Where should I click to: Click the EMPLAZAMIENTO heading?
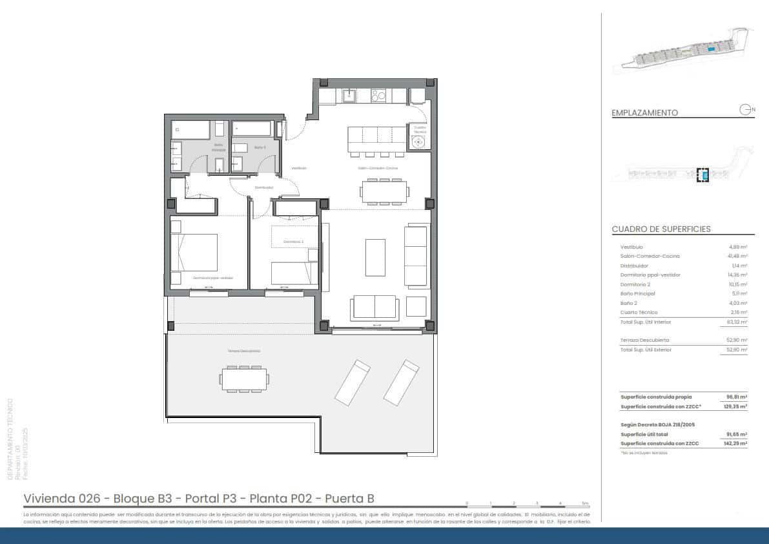pyautogui.click(x=644, y=112)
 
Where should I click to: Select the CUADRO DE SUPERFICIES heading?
pyautogui.click(x=661, y=229)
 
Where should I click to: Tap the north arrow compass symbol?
pyautogui.click(x=746, y=110)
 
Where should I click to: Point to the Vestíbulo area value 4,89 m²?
pyautogui.click(x=738, y=247)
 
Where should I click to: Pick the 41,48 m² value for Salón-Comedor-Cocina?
pyautogui.click(x=737, y=256)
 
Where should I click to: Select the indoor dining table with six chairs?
pyautogui.click(x=385, y=192)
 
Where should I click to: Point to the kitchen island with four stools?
pyautogui.click(x=376, y=139)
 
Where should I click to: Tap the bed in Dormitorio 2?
pyautogui.click(x=294, y=273)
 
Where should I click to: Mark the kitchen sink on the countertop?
pyautogui.click(x=349, y=96)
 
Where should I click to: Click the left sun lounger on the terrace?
pyautogui.click(x=353, y=381)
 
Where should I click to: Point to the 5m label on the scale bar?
pyautogui.click(x=585, y=503)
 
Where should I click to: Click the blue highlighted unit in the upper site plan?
pyautogui.click(x=710, y=49)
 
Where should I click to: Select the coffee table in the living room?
pyautogui.click(x=375, y=256)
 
